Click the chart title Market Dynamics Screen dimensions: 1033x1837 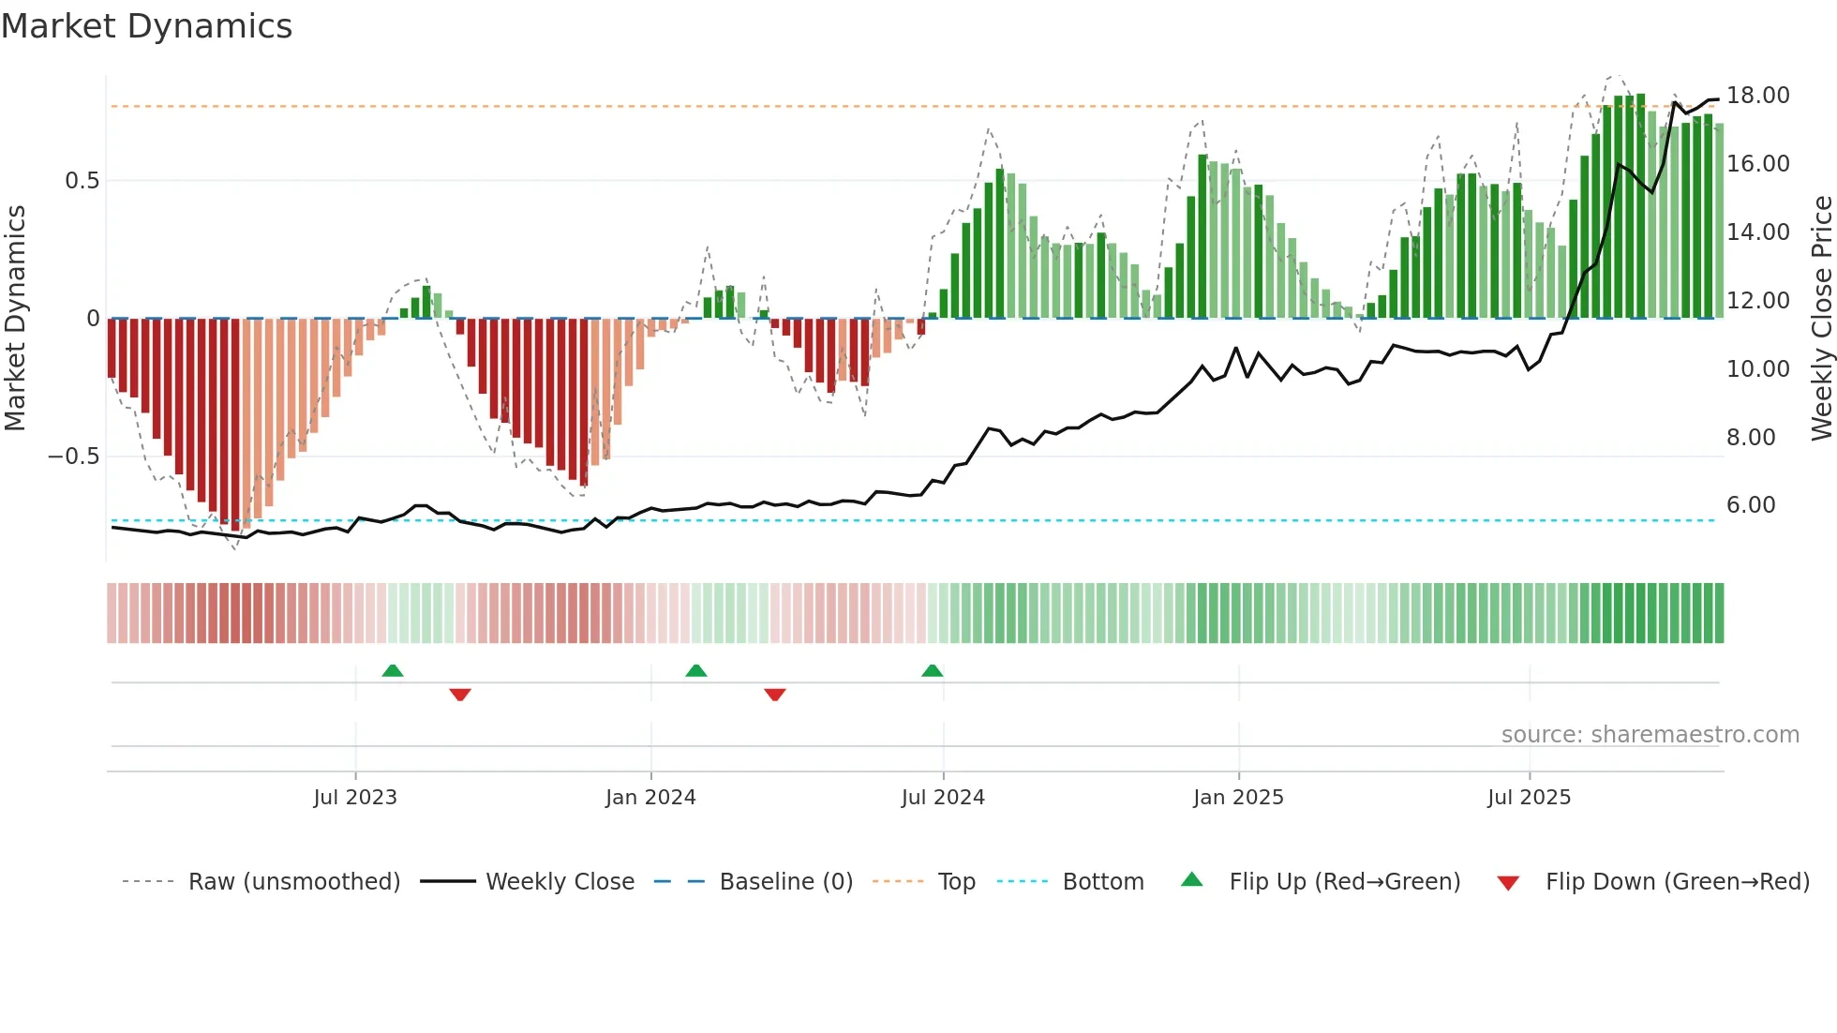tap(147, 26)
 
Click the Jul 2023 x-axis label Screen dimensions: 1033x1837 tap(355, 798)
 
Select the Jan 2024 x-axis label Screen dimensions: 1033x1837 tap(650, 798)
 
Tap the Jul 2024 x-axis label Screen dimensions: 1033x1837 tap(943, 798)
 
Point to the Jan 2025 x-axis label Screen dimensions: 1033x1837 tap(1238, 798)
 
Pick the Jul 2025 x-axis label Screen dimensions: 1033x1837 tap(1529, 798)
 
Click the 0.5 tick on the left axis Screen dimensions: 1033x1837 tap(82, 181)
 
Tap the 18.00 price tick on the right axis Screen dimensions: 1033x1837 tap(1757, 96)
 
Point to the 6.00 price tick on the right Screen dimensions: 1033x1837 tap(1751, 505)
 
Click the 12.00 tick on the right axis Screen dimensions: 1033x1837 tap(1757, 301)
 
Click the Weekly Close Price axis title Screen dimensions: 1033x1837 tap(1821, 319)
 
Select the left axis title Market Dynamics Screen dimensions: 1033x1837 tap(15, 319)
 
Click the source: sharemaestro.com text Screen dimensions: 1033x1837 tap(1650, 735)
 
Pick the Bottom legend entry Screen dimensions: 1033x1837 tap(1102, 882)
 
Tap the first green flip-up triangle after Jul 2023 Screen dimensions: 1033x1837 tap(393, 671)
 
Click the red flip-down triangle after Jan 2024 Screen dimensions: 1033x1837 tap(774, 695)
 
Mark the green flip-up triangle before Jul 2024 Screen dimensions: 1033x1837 tap(932, 671)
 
